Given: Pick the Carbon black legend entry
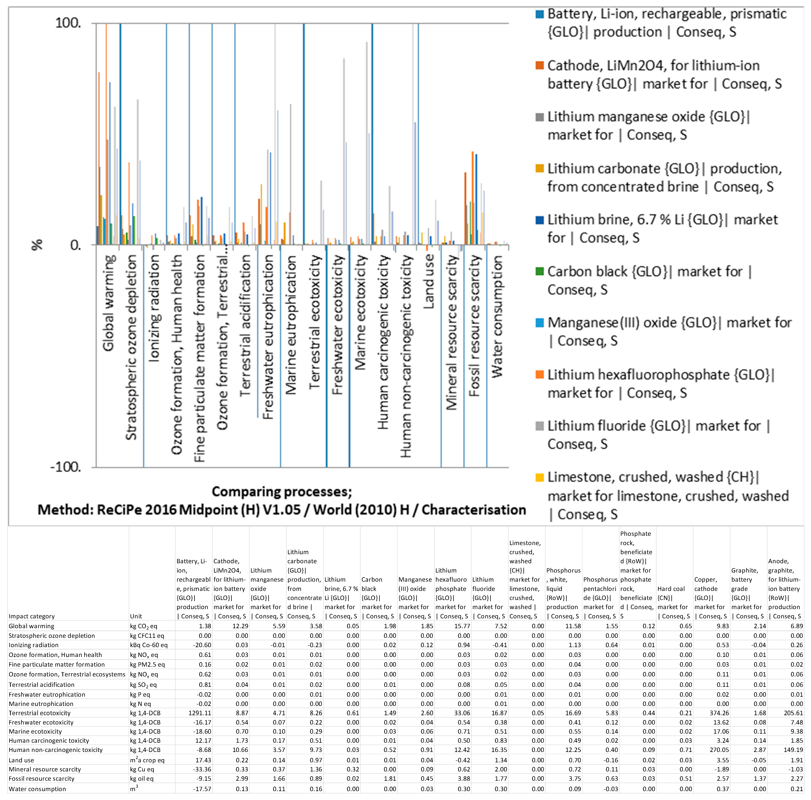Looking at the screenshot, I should click(x=649, y=280).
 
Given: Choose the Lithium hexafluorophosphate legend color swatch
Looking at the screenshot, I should click(x=540, y=375).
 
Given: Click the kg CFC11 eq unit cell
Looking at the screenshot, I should click(x=147, y=636).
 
